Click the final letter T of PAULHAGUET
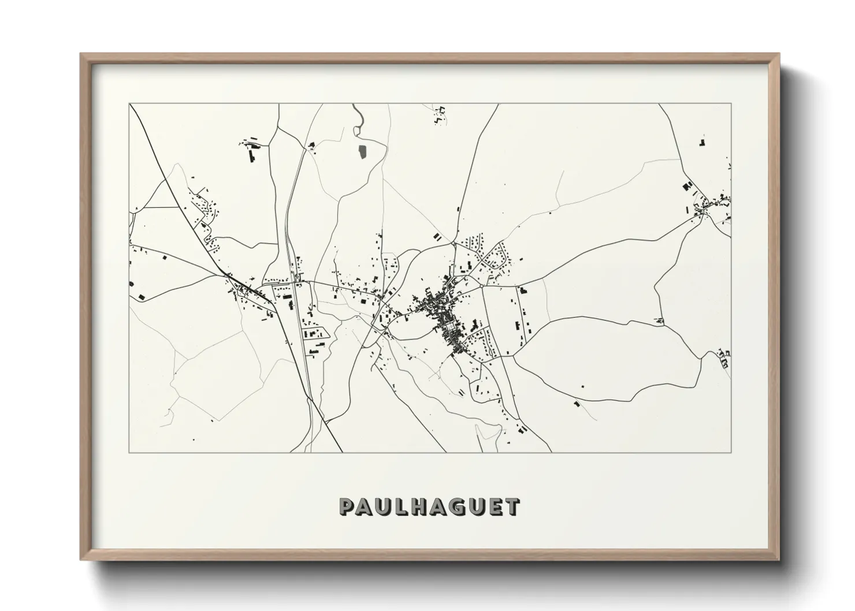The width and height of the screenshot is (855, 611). point(512,506)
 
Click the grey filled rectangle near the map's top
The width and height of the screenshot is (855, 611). point(363,151)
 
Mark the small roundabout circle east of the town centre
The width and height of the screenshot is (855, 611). point(481,285)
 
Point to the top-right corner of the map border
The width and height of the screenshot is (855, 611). point(731,104)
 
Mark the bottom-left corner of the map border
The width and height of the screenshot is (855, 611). point(129,452)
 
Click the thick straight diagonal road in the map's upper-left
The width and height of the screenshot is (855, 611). point(173,185)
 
